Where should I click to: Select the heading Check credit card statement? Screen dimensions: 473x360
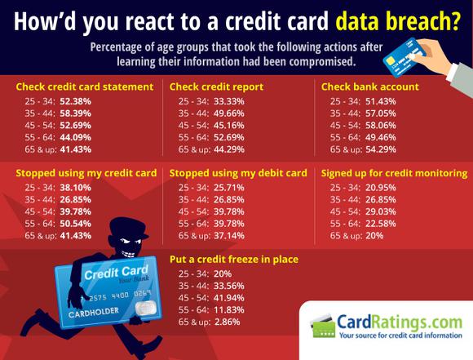click(85, 87)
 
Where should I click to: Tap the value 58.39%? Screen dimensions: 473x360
click(75, 113)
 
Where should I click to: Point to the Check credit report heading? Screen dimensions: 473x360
click(216, 87)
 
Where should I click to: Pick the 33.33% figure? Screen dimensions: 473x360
click(229, 101)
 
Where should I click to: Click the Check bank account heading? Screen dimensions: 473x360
click(369, 87)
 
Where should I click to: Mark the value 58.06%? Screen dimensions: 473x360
click(381, 126)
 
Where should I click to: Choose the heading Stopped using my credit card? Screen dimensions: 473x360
click(86, 173)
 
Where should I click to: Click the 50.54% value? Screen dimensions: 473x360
click(75, 224)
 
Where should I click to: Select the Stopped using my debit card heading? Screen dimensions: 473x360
click(238, 173)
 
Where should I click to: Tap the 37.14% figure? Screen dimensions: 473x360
click(229, 236)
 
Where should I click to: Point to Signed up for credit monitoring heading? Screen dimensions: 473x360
click(394, 173)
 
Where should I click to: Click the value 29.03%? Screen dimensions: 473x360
click(381, 211)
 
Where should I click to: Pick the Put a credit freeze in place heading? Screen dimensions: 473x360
click(234, 260)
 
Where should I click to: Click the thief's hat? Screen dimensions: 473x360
click(129, 228)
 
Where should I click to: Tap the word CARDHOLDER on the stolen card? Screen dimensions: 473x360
click(94, 313)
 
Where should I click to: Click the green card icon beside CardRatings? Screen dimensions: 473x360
click(323, 327)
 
